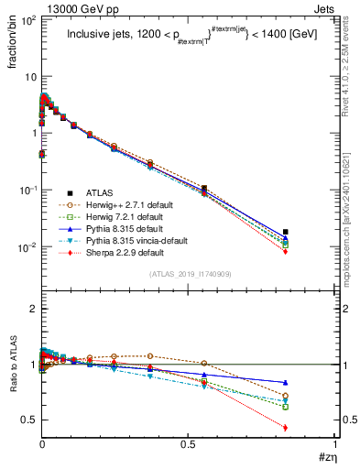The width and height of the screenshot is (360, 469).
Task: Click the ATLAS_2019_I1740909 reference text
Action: coord(189,274)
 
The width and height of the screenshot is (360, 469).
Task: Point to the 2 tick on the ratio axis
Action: coord(32,310)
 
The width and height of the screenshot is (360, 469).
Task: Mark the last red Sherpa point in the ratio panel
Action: coord(286,428)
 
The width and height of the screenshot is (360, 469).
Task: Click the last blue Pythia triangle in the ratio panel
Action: coord(286,382)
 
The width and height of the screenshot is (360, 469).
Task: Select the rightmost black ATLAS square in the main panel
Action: coord(286,232)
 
